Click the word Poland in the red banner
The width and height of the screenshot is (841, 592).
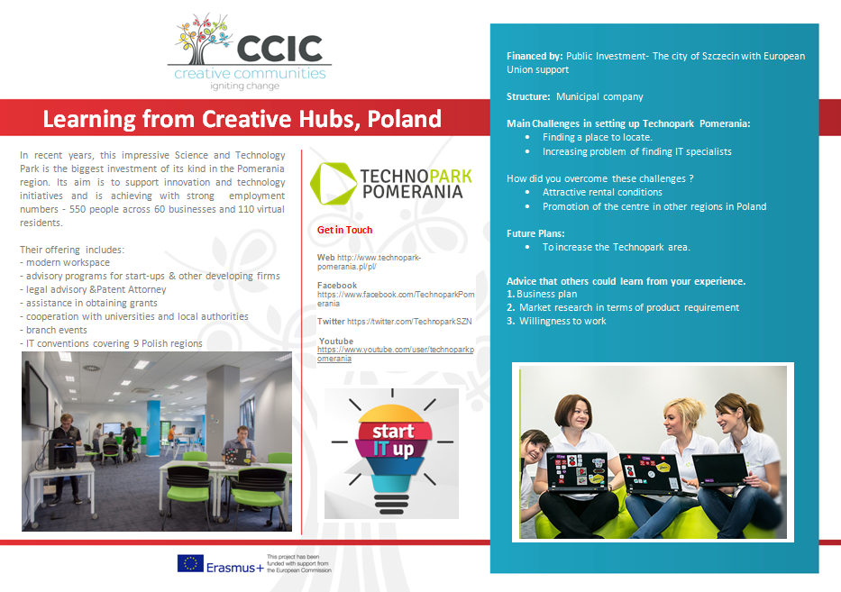404,119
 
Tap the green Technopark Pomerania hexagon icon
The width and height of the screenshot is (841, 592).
334,184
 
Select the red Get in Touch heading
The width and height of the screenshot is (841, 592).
344,230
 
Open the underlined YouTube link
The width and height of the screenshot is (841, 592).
396,354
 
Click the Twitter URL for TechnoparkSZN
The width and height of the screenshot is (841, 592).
409,322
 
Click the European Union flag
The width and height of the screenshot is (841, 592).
190,563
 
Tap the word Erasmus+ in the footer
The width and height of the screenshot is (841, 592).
235,568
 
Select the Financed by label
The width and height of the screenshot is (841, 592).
535,56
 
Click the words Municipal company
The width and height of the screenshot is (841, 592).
599,97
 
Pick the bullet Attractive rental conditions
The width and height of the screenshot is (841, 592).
602,193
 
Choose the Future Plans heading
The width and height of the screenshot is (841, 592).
535,233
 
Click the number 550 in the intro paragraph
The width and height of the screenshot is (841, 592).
78,209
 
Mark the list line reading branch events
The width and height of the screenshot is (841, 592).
54,331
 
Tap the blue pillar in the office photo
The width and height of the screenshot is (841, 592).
153,428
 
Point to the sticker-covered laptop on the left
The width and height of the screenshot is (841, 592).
578,472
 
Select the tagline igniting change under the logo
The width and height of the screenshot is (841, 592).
244,87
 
